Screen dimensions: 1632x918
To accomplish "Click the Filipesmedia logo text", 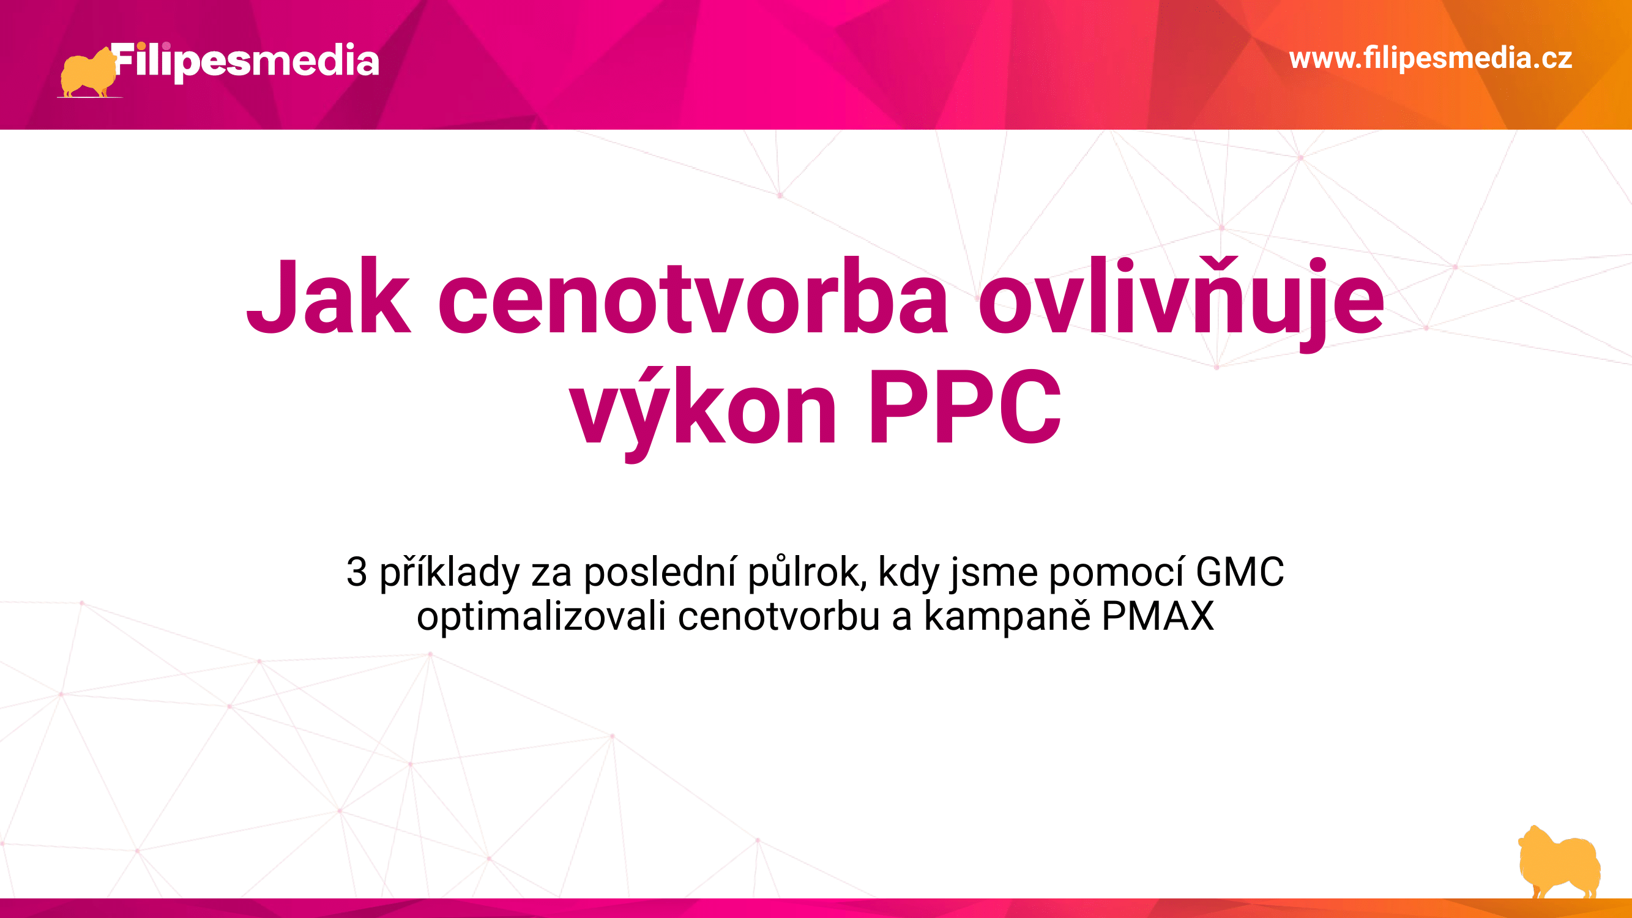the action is (246, 61).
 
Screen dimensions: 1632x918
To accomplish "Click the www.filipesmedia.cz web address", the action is (1431, 58).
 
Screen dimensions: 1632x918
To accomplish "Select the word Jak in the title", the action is (328, 296).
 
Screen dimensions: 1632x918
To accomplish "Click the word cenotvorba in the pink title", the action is (693, 296).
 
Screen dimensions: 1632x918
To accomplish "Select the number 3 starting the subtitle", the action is (357, 572).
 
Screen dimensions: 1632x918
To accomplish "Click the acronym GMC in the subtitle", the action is (1240, 572).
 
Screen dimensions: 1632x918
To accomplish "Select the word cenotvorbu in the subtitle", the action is (778, 616).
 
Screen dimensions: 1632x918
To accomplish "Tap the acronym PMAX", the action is (1158, 616).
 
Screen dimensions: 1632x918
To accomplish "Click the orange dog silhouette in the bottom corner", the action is (1560, 862).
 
